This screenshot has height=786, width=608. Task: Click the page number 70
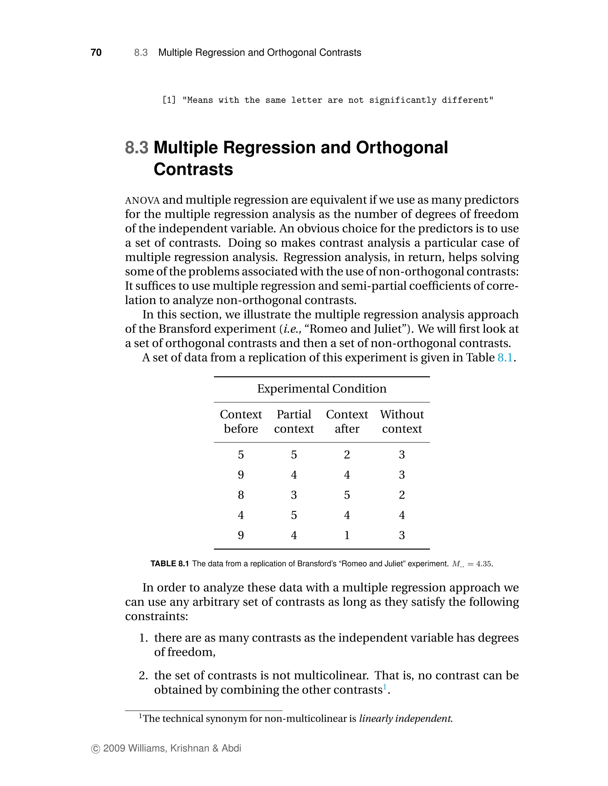[96, 52]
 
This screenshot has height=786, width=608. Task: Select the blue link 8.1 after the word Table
[505, 357]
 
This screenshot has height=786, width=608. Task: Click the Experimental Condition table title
[322, 389]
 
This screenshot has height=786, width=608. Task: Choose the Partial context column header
[294, 421]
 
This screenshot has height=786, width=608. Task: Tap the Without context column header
[402, 421]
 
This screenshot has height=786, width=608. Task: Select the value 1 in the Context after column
[347, 535]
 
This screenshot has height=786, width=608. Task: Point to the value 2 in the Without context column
[402, 495]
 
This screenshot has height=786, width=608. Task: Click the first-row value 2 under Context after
[347, 454]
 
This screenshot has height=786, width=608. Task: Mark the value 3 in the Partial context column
[294, 495]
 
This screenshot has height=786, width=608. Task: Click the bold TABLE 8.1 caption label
[170, 564]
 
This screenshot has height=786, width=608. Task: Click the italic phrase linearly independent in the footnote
[405, 718]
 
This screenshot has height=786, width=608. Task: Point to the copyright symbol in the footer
[96, 749]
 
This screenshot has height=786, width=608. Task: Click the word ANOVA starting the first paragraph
[142, 201]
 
